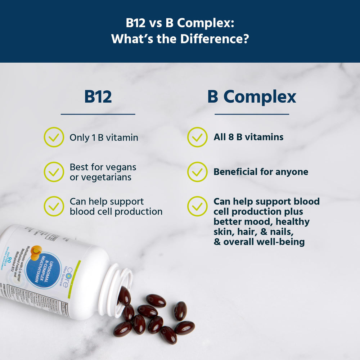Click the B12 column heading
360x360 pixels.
tap(98, 97)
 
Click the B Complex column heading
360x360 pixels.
tap(252, 97)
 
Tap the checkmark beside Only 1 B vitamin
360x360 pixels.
tap(54, 137)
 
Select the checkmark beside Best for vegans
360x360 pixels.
tap(54, 172)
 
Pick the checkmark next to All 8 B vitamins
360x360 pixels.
tap(197, 137)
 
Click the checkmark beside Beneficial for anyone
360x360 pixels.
tap(197, 172)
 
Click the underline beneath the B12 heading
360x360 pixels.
tap(98, 114)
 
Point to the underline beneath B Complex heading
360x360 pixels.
tap(252, 114)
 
